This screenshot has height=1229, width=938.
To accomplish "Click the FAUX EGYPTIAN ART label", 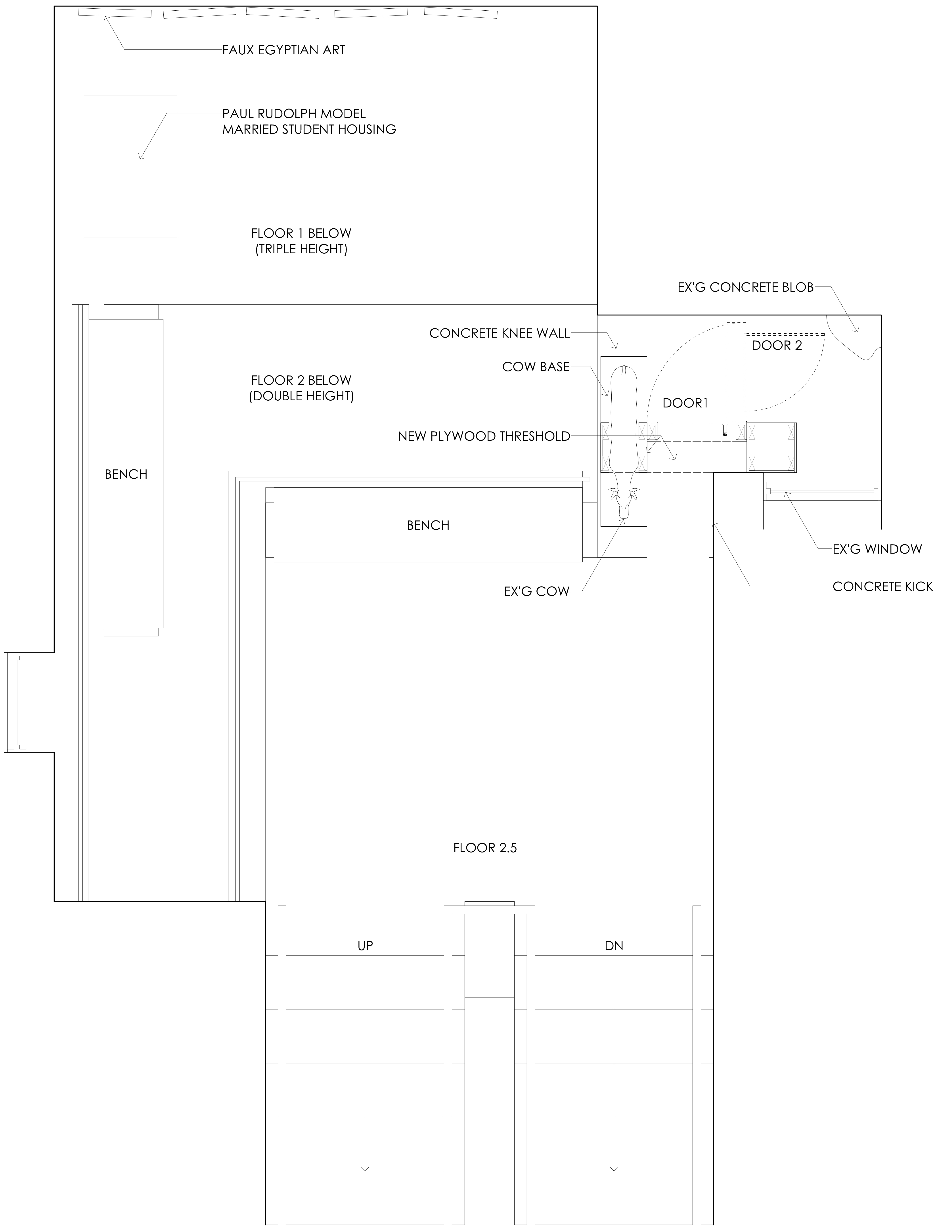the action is click(x=284, y=50).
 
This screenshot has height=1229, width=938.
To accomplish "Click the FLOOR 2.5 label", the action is click(x=485, y=848).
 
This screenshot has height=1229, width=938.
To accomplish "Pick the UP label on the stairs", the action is click(x=365, y=946).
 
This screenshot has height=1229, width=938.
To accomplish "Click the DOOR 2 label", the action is click(x=777, y=346).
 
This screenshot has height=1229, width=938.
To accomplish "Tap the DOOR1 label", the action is click(x=685, y=403).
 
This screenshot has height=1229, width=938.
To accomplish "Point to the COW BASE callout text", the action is click(x=536, y=367).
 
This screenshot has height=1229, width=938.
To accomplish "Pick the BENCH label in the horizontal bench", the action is click(x=428, y=525).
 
